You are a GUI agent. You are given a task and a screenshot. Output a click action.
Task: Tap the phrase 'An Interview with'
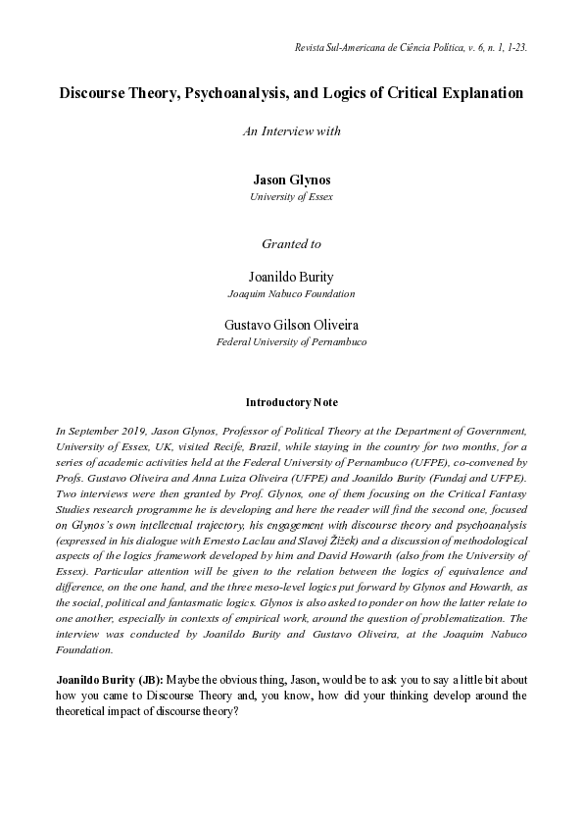(291, 131)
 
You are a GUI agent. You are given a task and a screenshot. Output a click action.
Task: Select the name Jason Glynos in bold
(291, 180)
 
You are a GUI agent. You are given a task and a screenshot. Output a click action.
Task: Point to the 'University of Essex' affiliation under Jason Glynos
(291, 196)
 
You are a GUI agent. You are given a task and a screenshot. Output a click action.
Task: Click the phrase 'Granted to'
(291, 243)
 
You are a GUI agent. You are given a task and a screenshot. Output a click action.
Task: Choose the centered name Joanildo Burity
(291, 277)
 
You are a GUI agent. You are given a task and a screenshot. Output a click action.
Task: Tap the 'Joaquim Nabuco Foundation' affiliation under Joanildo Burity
(291, 293)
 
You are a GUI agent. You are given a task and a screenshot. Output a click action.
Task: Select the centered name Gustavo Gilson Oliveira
(291, 325)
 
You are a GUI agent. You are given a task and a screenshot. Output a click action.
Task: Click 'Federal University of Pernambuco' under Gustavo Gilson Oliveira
(291, 341)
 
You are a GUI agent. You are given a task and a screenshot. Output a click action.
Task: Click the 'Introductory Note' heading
(291, 402)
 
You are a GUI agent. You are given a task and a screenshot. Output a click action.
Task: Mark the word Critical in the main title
(393, 93)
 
